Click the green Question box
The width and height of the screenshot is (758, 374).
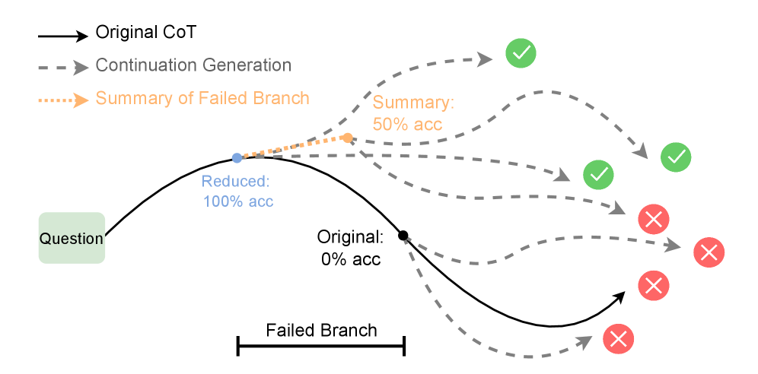[72, 238]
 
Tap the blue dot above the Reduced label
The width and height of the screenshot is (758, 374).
[237, 158]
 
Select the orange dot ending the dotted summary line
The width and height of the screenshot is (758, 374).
[347, 138]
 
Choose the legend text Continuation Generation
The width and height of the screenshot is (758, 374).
[193, 65]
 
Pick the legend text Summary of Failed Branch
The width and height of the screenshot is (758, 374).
[202, 98]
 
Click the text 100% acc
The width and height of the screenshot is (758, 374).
[238, 201]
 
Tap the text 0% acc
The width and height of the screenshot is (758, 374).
[350, 258]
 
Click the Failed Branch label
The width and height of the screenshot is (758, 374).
[321, 330]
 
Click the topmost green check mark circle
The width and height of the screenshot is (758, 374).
[521, 53]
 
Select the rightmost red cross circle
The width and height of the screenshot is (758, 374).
[709, 252]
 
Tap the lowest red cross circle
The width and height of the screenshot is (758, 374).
[618, 338]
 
